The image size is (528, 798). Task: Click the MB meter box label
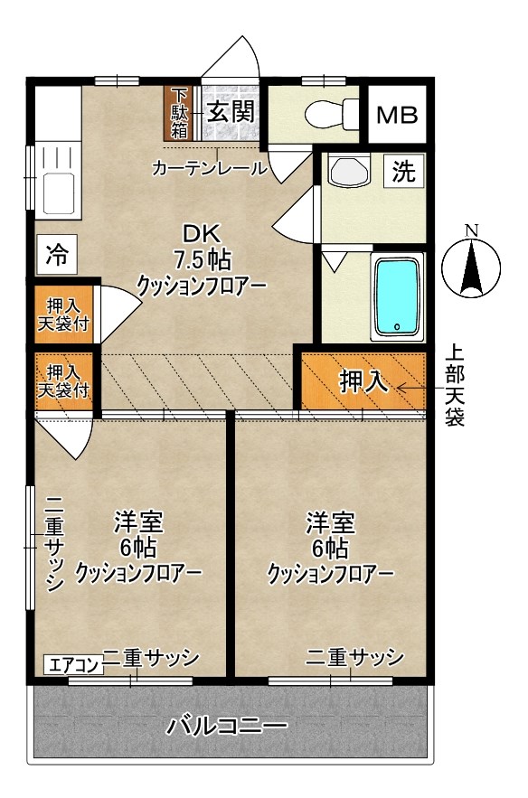pos(397,116)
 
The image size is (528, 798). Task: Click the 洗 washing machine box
pos(404,172)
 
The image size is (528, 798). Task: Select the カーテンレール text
pos(210,168)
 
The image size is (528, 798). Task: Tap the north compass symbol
pos(471,262)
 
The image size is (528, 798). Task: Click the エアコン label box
pos(73,665)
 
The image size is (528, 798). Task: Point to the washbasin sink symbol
pos(348,172)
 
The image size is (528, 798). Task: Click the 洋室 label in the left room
pos(137,522)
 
